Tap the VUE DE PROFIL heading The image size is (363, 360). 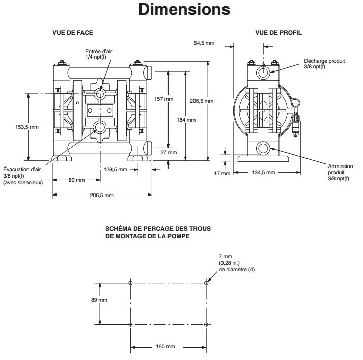pos(278,33)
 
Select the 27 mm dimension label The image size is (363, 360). pos(172,152)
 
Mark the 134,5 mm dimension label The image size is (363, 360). pos(264,173)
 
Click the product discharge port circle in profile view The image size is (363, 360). pos(263,73)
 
